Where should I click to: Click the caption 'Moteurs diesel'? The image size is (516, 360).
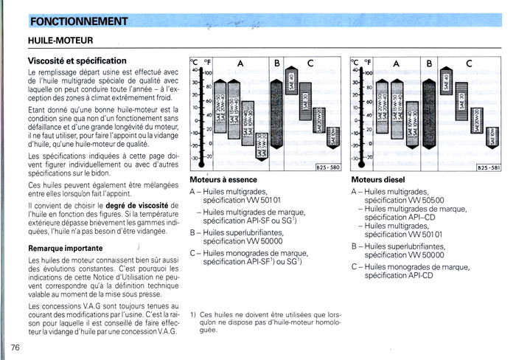point(377,179)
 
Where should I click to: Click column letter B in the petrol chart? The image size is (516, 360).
point(277,63)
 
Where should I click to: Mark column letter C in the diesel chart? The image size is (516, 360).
point(469,63)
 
